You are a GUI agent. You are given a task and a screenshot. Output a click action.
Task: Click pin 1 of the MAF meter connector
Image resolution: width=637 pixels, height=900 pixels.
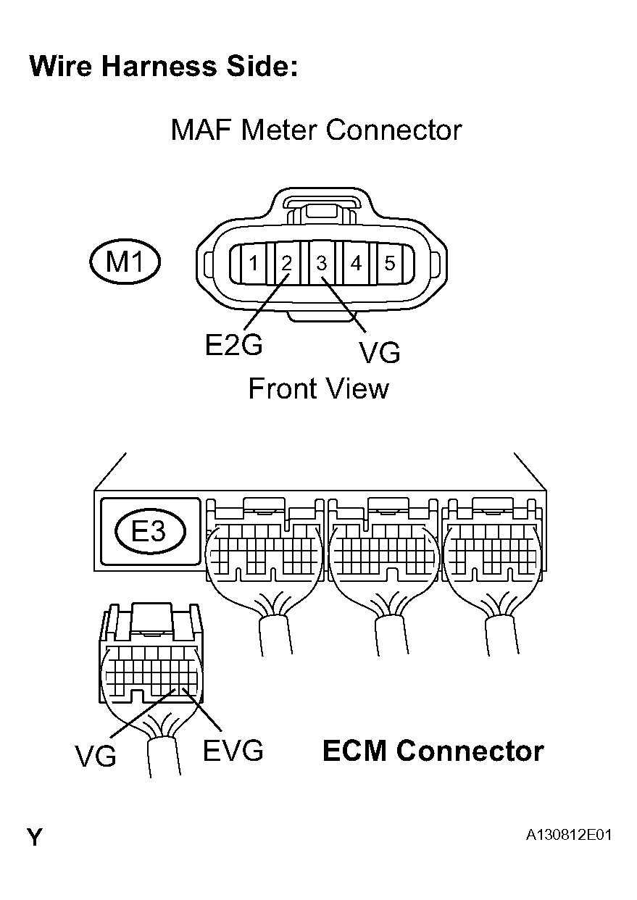tap(252, 264)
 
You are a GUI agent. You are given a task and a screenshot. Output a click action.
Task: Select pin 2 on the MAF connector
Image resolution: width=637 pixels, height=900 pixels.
tap(286, 264)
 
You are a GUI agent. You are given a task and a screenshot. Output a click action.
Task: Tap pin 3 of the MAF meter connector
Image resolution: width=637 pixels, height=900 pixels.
tap(321, 264)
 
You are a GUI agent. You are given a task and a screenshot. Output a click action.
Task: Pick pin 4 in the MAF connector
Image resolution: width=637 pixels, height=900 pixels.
tap(355, 264)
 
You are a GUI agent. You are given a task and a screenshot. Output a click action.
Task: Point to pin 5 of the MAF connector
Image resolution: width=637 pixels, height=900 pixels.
tap(389, 264)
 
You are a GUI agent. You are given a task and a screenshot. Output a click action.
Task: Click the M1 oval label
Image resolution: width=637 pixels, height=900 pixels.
tap(125, 262)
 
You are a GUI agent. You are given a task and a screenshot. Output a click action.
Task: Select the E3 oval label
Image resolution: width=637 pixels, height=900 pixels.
tap(150, 533)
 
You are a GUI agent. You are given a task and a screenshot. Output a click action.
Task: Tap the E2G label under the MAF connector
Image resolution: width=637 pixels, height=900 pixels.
tap(233, 346)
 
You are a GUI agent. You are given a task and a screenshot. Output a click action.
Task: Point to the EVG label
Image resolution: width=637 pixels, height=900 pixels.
tap(233, 751)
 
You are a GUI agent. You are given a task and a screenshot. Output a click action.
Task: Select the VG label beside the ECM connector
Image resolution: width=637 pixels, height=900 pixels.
tap(95, 757)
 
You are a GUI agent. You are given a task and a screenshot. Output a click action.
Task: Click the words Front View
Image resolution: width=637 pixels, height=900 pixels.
tap(318, 389)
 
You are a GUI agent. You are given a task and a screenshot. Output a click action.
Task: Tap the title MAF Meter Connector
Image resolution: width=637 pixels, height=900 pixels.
tap(316, 130)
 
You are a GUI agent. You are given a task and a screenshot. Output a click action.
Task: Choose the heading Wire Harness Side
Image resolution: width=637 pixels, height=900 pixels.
tap(164, 67)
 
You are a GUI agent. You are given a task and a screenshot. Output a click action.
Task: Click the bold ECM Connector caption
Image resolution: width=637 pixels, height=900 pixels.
tap(433, 751)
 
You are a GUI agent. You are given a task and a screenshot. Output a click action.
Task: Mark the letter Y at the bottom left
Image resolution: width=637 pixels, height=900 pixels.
tap(35, 838)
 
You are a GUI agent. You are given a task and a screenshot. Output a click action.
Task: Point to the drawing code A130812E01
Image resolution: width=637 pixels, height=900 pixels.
tap(569, 836)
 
